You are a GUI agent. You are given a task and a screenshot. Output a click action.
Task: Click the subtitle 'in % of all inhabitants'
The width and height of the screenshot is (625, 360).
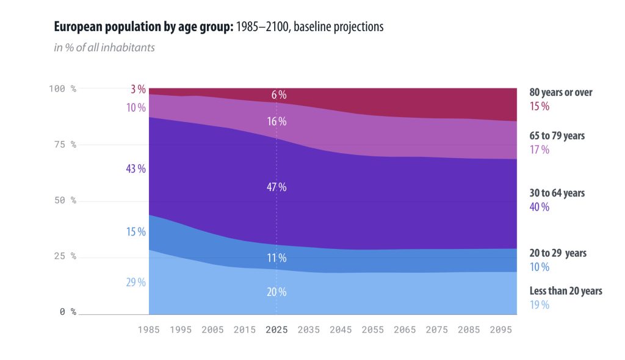[x=104, y=47]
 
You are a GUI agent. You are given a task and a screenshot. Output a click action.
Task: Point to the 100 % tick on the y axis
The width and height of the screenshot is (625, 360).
[x=62, y=88]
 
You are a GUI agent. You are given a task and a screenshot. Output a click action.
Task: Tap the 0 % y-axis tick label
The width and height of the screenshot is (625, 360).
[x=68, y=312]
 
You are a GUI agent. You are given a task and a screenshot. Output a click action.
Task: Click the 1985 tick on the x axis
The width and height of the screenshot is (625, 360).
[x=149, y=329]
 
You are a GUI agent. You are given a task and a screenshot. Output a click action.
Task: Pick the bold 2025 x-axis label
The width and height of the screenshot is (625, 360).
[x=276, y=329]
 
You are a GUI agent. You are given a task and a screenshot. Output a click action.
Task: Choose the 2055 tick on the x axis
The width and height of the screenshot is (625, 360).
[x=372, y=329]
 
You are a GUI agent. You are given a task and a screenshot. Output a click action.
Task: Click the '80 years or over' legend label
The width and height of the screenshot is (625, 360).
[x=560, y=93]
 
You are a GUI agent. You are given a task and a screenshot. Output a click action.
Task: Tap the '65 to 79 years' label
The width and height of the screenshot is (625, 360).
[x=557, y=136]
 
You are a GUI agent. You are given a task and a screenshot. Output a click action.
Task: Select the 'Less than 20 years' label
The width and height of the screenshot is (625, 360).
[x=565, y=291]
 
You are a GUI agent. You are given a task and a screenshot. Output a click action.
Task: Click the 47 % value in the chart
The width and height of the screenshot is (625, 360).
[x=276, y=187]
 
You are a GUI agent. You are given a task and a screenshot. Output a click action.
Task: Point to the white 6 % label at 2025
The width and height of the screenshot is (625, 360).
[x=278, y=95]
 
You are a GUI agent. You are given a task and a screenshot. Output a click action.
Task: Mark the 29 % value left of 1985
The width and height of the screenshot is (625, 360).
[x=135, y=283]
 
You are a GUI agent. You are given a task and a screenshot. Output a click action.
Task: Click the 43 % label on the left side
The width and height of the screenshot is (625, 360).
[x=135, y=169]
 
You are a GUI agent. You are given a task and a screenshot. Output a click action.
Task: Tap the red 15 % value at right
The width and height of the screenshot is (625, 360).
[x=539, y=106]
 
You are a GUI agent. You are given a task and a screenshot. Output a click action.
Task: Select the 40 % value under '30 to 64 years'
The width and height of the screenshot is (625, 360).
[x=539, y=207]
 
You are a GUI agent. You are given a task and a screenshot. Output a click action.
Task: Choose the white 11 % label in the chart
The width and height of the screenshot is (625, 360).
[x=276, y=257]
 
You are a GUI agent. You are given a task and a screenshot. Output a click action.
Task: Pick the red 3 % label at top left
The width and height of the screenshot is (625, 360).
[x=138, y=90]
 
